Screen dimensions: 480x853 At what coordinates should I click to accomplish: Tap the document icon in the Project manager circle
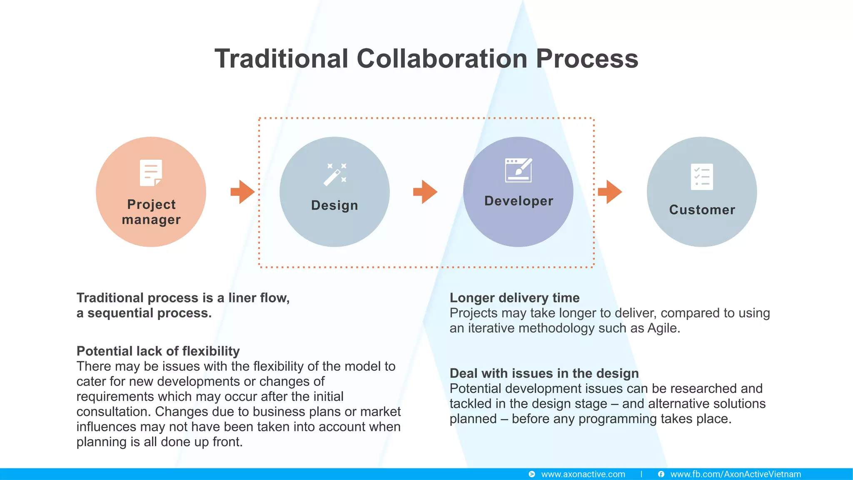pos(151,173)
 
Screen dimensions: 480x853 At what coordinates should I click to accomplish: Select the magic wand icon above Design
pos(335,174)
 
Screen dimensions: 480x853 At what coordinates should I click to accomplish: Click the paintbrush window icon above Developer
pos(519,170)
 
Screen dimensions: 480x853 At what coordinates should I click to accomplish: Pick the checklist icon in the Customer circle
pos(702,177)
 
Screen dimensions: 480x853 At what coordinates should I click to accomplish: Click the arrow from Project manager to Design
pos(242,192)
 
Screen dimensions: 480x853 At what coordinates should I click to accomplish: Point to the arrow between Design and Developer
pos(425,192)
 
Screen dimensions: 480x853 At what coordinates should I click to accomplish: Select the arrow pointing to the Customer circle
pos(610,192)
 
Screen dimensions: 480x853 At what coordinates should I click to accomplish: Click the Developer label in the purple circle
pos(519,201)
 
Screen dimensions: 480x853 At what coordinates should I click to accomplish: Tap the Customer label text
pos(702,210)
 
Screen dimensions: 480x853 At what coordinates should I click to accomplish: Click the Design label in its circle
pos(334,205)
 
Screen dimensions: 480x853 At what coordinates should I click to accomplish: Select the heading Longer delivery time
pos(514,297)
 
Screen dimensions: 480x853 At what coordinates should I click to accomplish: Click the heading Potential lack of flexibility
pos(158,351)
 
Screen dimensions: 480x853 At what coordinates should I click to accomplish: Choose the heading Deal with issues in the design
pos(544,373)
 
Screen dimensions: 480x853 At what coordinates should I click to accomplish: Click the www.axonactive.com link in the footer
pos(583,474)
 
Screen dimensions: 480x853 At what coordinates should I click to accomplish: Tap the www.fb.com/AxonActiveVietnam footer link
pos(736,474)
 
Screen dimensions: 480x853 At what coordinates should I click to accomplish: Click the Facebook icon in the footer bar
pos(661,474)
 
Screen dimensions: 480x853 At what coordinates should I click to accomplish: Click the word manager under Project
pos(151,220)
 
